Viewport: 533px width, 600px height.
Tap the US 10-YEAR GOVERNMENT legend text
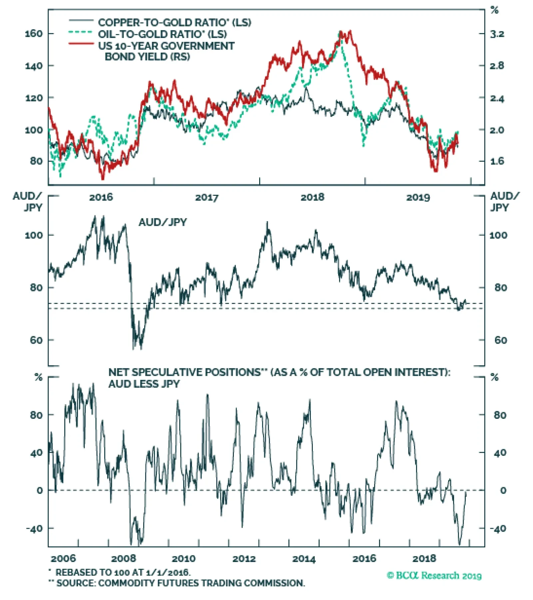tap(166, 46)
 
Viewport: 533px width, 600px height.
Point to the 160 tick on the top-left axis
tap(34, 34)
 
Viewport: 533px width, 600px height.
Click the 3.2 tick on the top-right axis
tap(497, 34)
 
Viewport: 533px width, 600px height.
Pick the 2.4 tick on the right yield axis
tap(497, 98)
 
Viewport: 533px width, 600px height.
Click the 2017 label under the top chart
tap(207, 197)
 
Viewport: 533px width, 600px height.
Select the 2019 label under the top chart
tap(418, 197)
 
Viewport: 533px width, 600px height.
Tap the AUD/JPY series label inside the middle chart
tap(163, 222)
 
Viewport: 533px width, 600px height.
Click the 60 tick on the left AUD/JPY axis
tap(36, 340)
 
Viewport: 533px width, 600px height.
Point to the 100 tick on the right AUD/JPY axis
tap(498, 235)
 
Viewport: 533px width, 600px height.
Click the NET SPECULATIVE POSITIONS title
tap(279, 372)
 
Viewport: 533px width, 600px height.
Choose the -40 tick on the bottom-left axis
tap(35, 528)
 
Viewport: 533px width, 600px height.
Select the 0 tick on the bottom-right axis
tap(503, 490)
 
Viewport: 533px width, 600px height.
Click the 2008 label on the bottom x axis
tap(124, 558)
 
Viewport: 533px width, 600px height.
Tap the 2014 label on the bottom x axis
tap(304, 558)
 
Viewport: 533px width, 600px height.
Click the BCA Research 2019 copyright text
tap(434, 575)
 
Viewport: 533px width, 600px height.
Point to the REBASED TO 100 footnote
tap(123, 572)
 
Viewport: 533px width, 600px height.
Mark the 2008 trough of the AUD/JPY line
tap(134, 348)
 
